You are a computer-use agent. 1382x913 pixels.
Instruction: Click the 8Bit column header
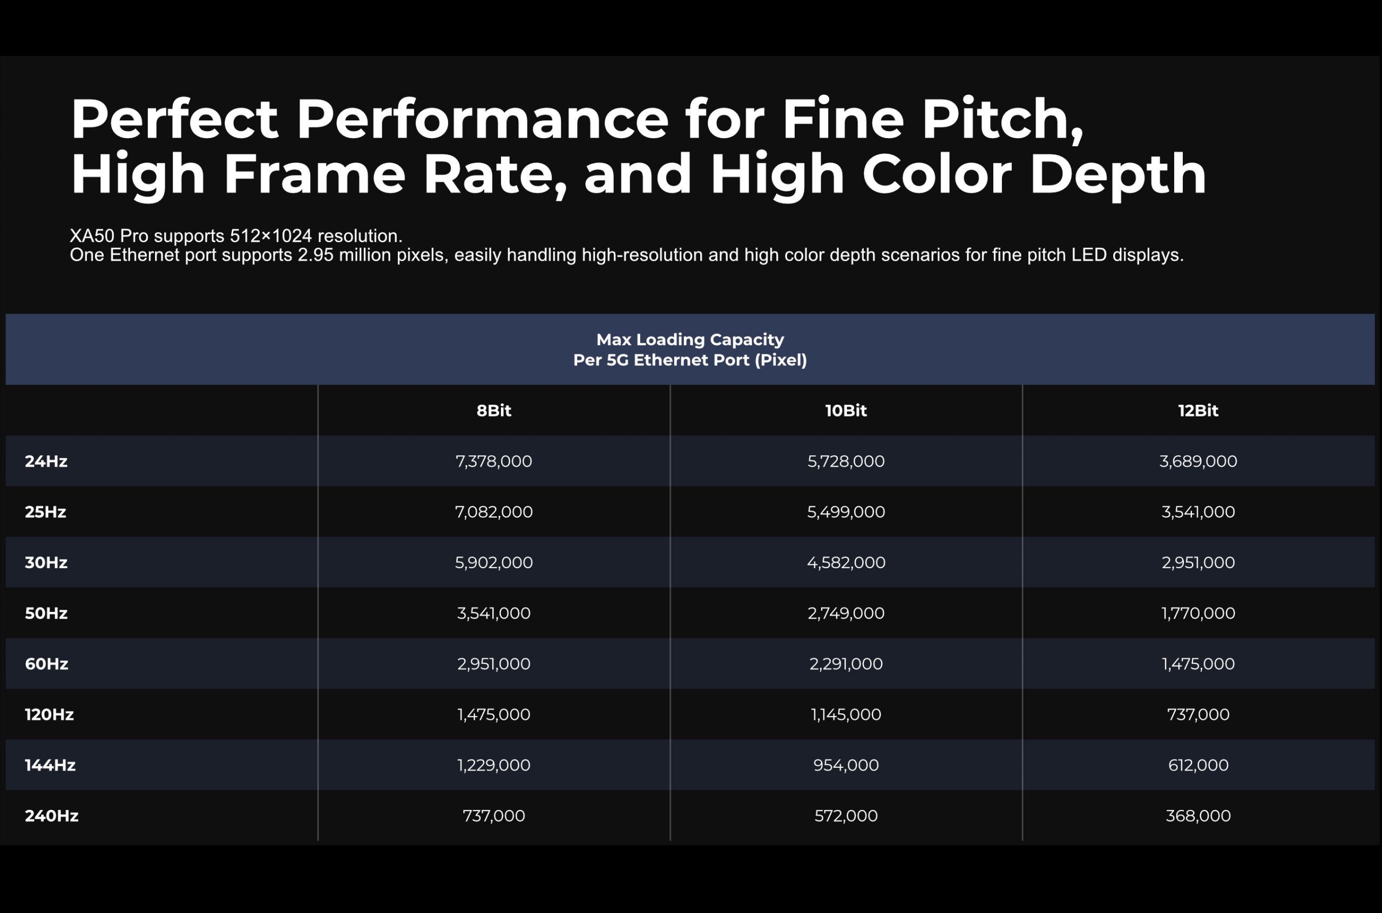tap(493, 411)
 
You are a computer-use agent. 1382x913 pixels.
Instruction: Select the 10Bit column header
tap(845, 411)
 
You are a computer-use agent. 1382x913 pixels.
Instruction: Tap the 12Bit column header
tap(1198, 411)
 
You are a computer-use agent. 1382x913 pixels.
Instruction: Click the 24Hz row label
tap(46, 461)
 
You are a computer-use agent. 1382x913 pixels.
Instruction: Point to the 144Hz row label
tap(50, 765)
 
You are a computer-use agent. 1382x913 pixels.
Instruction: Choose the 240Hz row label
tap(51, 816)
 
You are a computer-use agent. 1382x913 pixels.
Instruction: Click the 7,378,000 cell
tap(493, 461)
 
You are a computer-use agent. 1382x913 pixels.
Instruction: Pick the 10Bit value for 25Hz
tap(845, 512)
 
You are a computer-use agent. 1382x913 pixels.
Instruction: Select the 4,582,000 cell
tap(845, 562)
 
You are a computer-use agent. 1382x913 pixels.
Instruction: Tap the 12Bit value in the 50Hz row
tap(1198, 613)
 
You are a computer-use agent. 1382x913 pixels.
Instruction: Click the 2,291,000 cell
tap(845, 664)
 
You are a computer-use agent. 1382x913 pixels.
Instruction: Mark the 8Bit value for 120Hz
tap(493, 714)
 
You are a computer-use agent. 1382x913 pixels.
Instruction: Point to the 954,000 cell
tap(845, 765)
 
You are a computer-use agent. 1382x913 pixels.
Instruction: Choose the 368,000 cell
tap(1198, 816)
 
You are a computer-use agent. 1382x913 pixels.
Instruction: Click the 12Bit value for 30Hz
tap(1198, 562)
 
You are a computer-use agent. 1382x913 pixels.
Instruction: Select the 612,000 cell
tap(1198, 765)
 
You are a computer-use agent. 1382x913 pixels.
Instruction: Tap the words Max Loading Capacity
tap(690, 339)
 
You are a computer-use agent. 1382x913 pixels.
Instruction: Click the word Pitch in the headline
tap(1002, 119)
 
